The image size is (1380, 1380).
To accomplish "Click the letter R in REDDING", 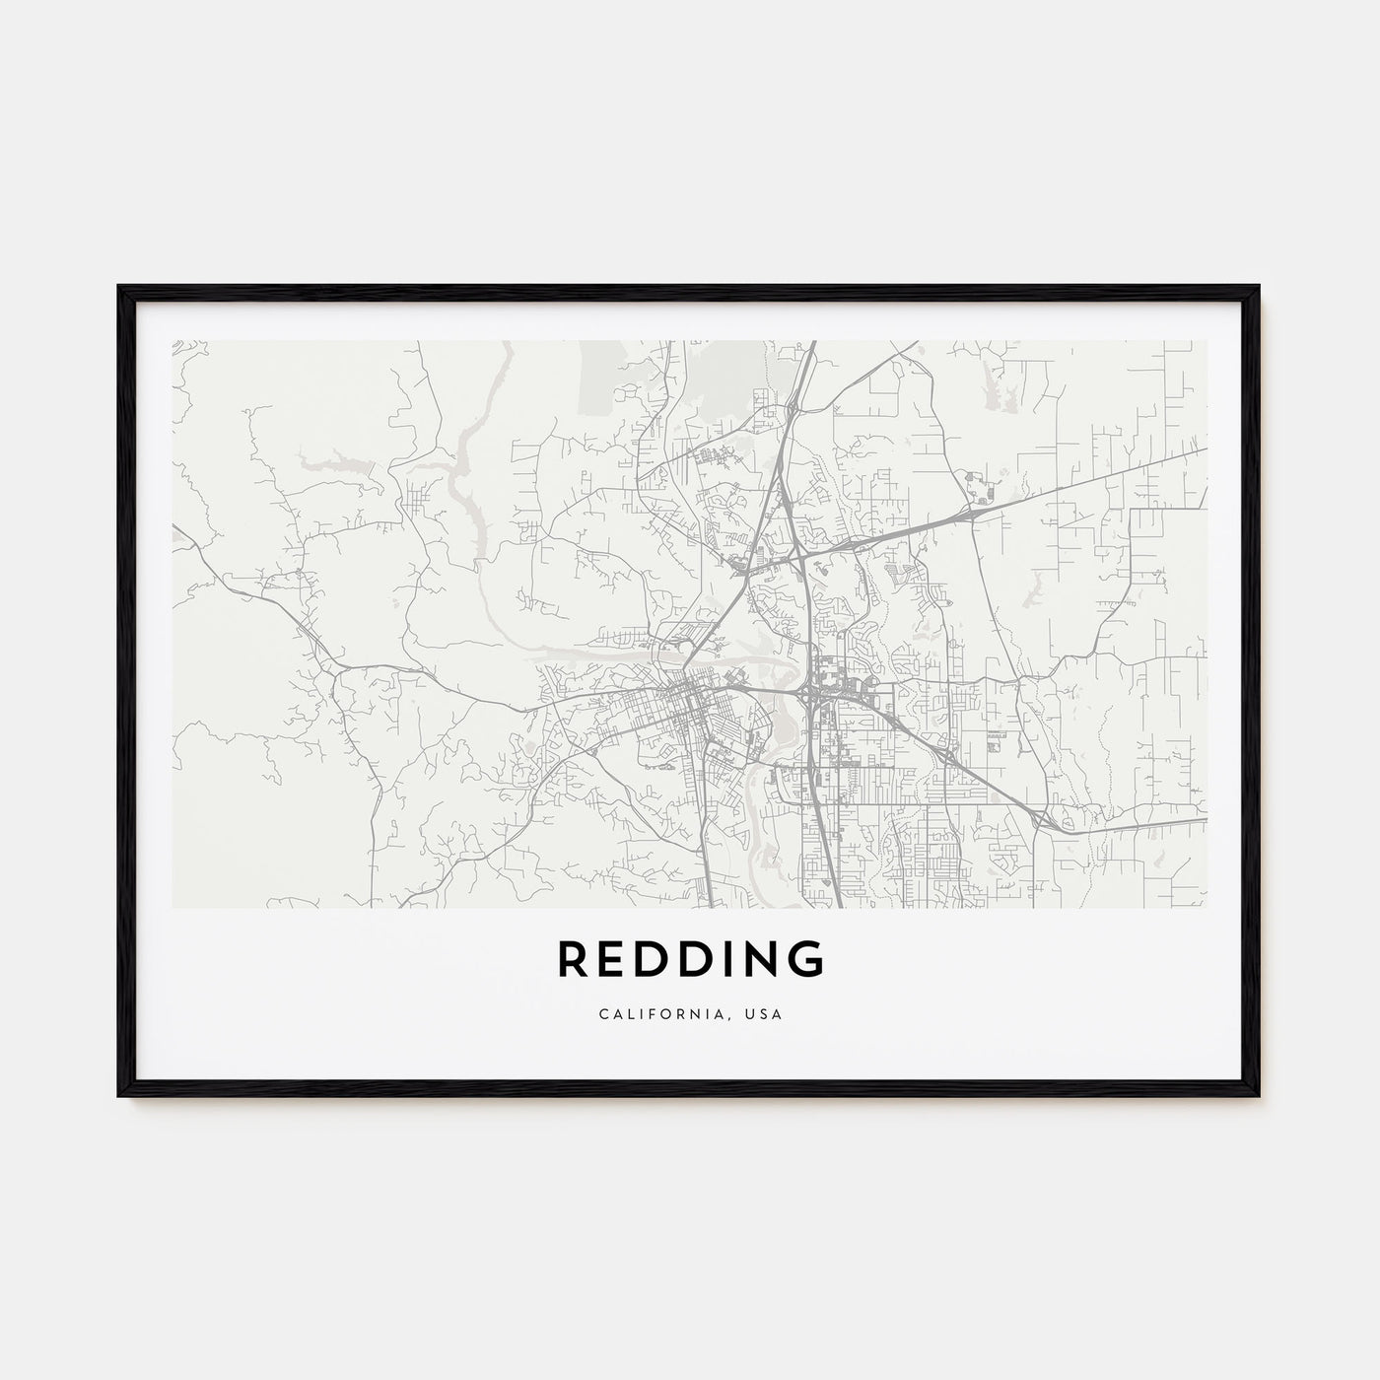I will [x=575, y=959].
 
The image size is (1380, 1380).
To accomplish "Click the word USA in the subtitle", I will [x=764, y=1014].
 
